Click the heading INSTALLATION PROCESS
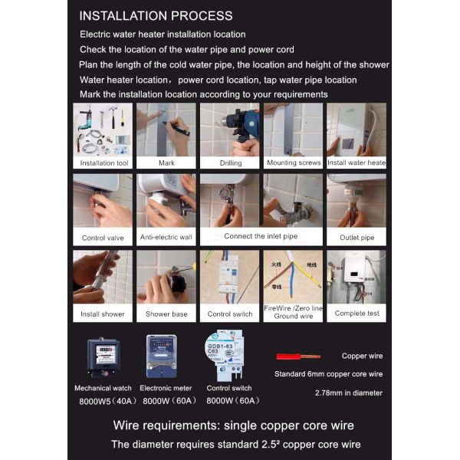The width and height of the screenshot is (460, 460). (156, 16)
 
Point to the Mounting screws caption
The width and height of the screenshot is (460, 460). (293, 163)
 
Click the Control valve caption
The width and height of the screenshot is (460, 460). (103, 238)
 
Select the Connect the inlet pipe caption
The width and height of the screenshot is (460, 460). (261, 237)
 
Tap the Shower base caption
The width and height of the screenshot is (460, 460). (166, 314)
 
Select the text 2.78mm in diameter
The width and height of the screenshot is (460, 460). (349, 393)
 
